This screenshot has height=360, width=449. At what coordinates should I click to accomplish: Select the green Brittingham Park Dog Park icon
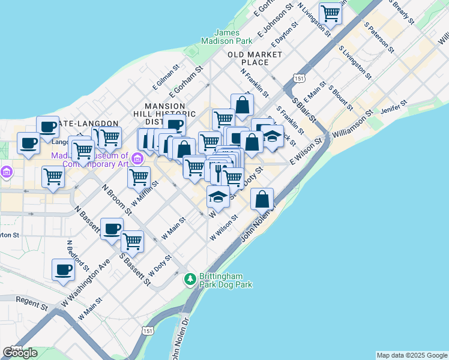click(190, 279)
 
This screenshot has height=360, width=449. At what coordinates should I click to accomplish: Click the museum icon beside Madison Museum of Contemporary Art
click(137, 159)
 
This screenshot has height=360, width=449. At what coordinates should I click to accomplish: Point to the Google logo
click(20, 353)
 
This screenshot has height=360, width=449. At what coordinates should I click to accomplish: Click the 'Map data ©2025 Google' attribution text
click(412, 355)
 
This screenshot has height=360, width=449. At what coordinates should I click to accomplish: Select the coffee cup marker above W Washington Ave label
click(63, 269)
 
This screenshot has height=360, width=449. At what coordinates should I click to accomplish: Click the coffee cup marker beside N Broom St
click(112, 229)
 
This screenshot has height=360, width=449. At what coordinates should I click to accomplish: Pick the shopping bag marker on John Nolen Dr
click(262, 199)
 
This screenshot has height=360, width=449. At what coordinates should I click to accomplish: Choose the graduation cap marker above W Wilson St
click(218, 196)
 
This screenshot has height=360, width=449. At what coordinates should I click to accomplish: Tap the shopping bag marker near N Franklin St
click(242, 105)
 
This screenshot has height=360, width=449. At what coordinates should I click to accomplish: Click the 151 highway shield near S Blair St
click(299, 78)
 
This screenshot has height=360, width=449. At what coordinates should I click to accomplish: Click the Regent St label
click(31, 303)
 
